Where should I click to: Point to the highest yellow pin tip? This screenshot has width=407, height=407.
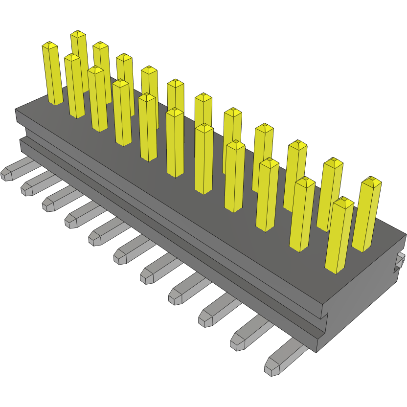(78, 34)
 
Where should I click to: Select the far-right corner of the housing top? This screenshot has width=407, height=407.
(406, 235)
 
